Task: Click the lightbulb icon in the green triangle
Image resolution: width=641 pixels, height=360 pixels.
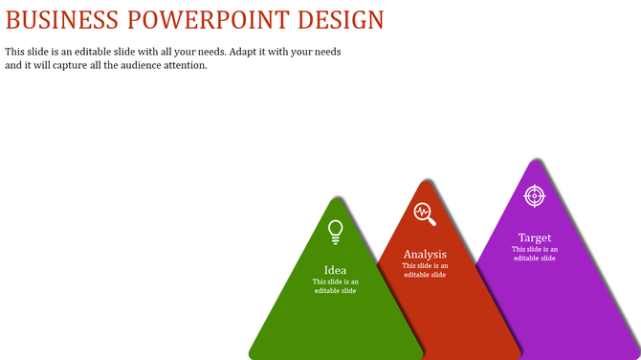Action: (x=335, y=231)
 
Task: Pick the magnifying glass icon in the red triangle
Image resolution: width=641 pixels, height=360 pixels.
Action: (x=425, y=214)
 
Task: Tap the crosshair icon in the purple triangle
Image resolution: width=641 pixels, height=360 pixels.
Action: (x=535, y=195)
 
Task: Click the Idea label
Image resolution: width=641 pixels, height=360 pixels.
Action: (x=335, y=270)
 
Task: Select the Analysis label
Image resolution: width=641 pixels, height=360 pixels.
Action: (x=425, y=255)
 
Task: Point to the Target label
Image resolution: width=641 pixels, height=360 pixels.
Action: (x=535, y=237)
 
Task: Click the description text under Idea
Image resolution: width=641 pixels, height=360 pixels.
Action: (x=335, y=286)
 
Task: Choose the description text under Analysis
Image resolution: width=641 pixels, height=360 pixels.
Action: (x=425, y=270)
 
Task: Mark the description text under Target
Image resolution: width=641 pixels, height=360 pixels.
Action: (x=535, y=254)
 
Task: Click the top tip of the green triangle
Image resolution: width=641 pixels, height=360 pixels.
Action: (x=336, y=199)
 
